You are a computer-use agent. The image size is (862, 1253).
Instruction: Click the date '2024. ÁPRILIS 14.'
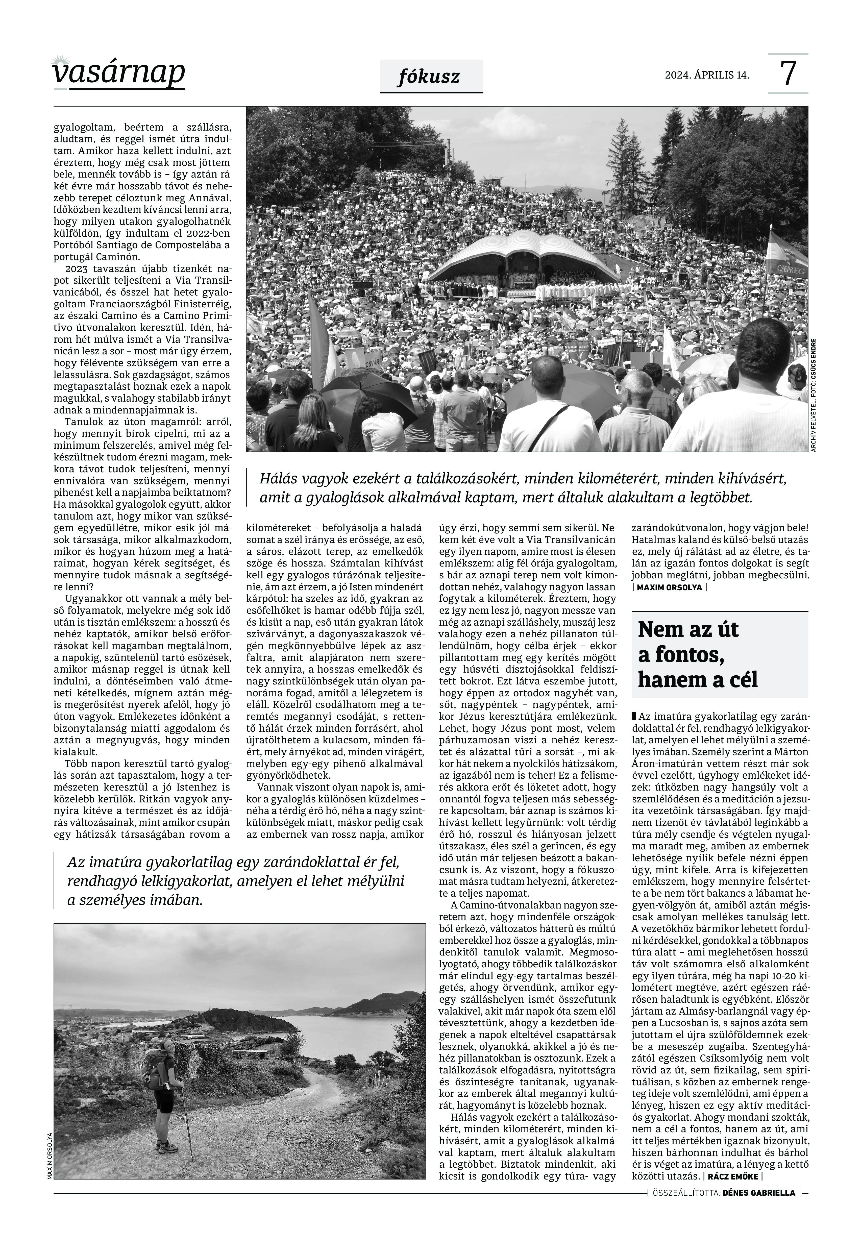pyautogui.click(x=707, y=76)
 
